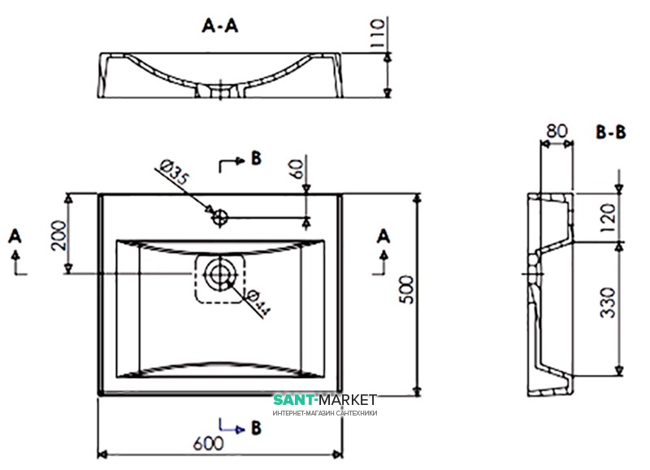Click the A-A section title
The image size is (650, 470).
219,26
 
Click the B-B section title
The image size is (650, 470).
610,132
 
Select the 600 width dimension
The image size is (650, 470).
210,443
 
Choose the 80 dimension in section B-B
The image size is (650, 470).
556,130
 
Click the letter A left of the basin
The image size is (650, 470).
14,236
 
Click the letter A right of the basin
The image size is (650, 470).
383,236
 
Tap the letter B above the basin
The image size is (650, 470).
255,159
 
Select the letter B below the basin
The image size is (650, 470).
255,425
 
